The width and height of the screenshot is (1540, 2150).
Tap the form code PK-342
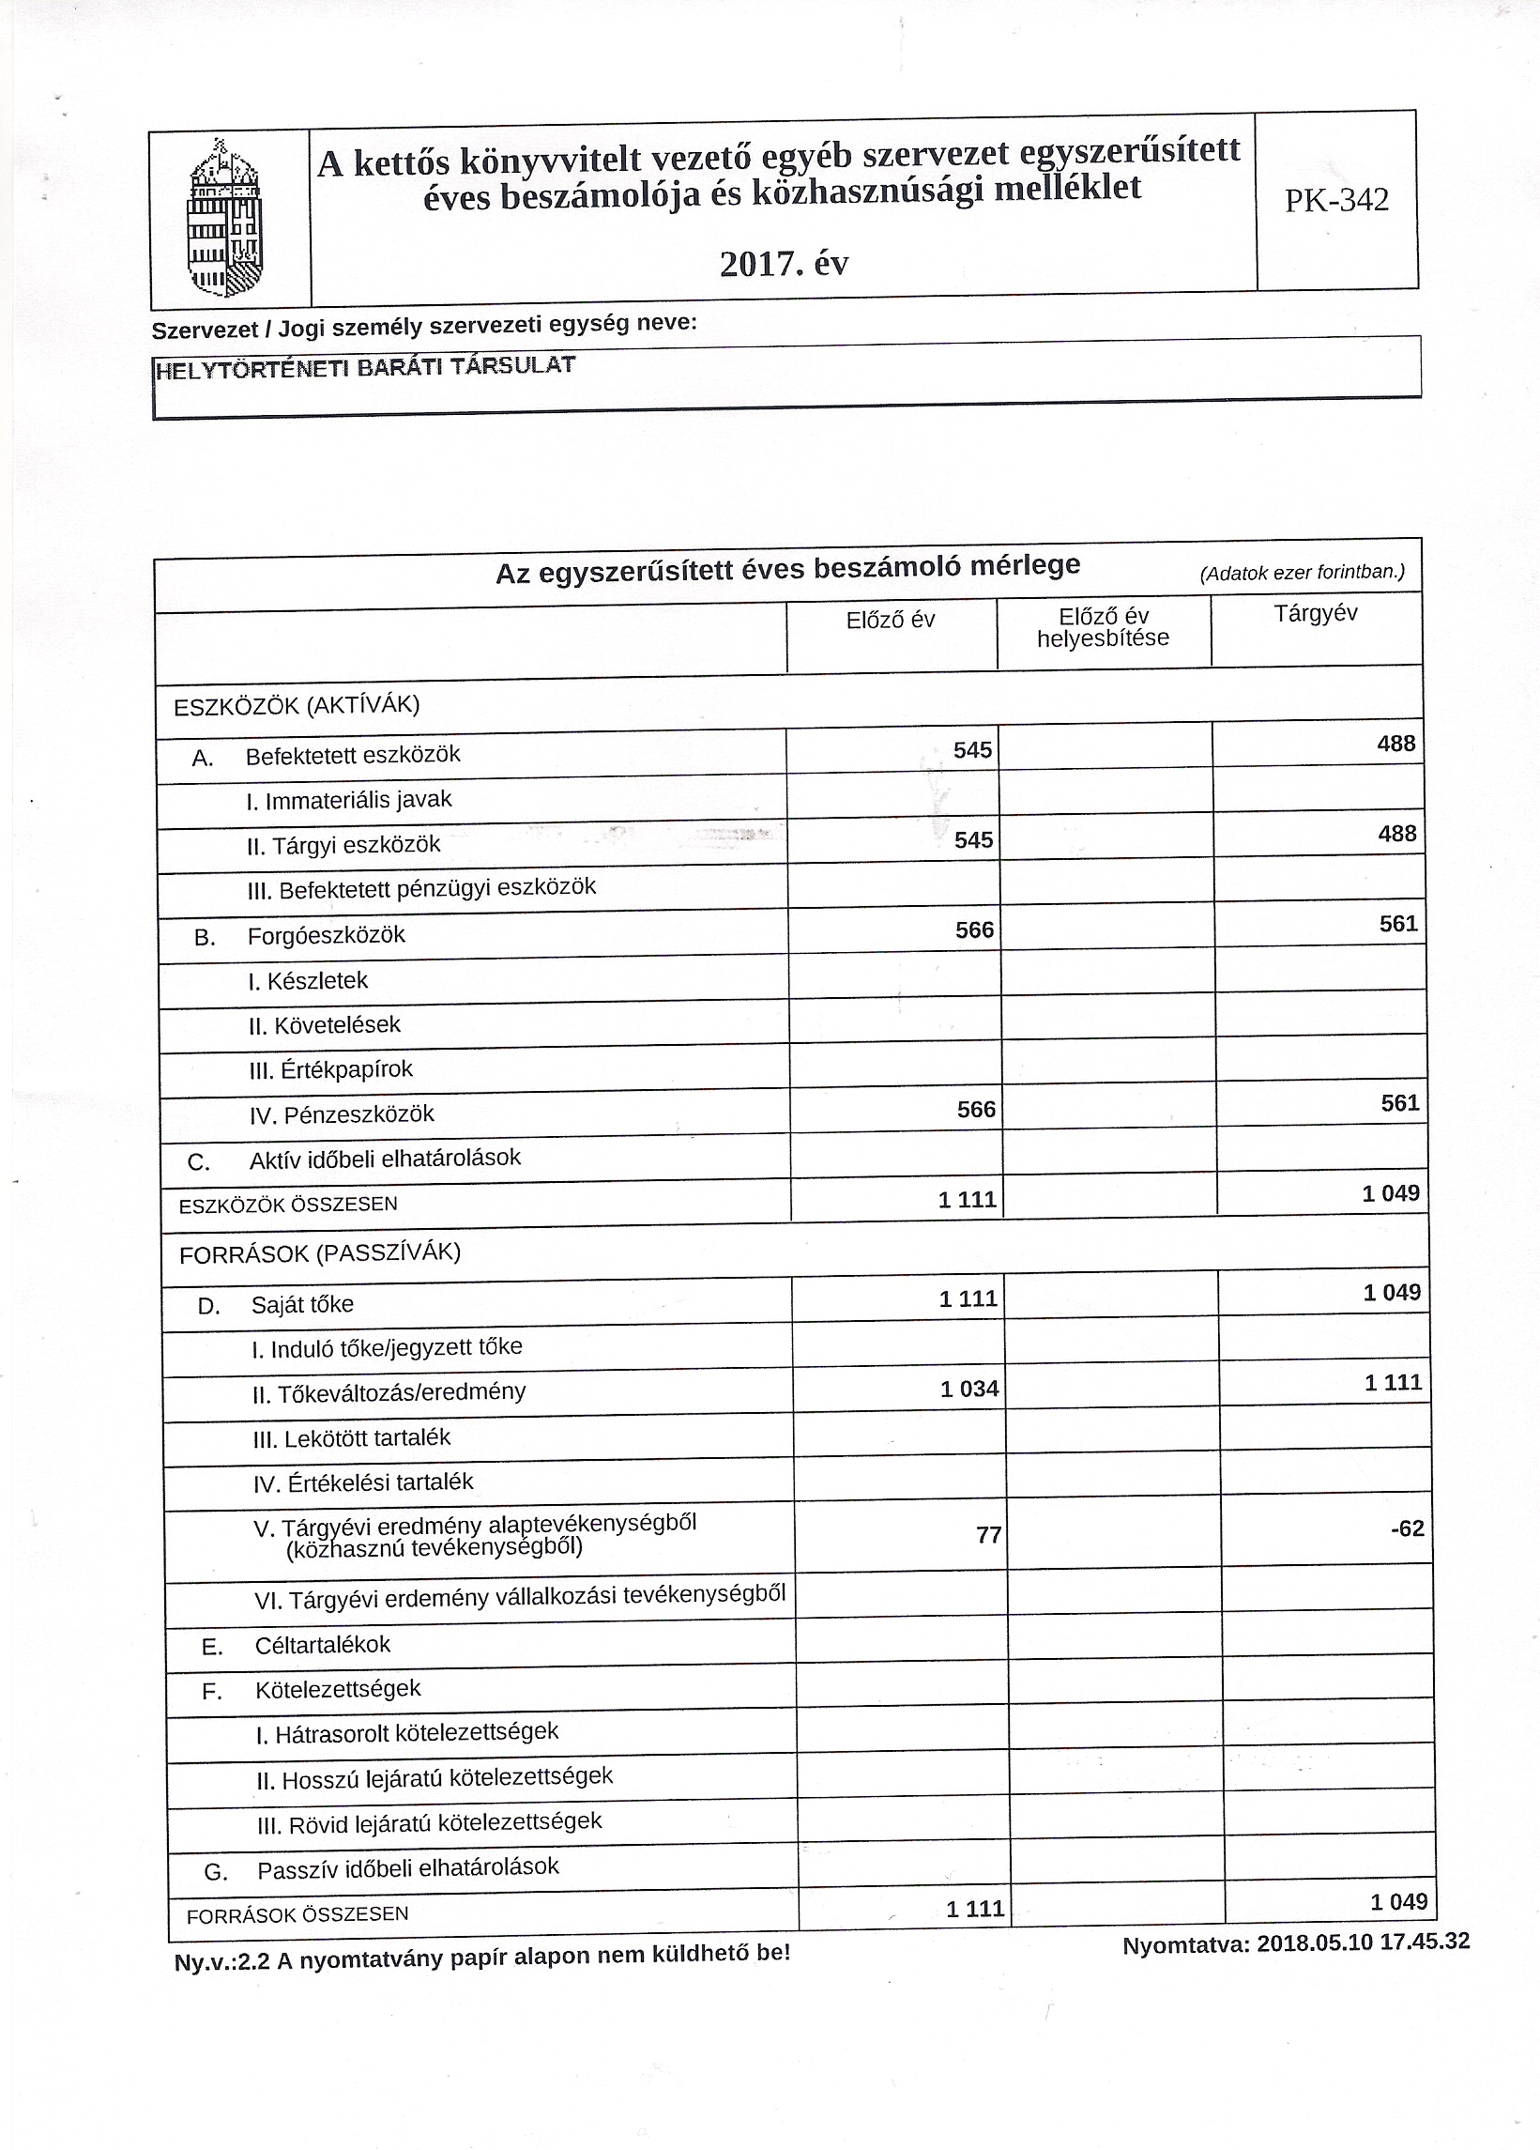pyautogui.click(x=1336, y=200)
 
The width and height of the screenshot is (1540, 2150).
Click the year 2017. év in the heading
pyautogui.click(x=784, y=263)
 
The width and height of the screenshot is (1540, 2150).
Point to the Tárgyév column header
pyautogui.click(x=1315, y=613)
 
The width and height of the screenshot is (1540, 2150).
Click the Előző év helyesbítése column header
pyautogui.click(x=1103, y=627)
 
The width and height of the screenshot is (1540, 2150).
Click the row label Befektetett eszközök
pyautogui.click(x=353, y=755)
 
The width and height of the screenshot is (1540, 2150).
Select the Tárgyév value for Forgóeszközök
pyautogui.click(x=1398, y=923)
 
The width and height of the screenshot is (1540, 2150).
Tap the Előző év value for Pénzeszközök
pyautogui.click(x=976, y=1109)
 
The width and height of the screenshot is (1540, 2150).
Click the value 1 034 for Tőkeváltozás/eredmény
pyautogui.click(x=968, y=1389)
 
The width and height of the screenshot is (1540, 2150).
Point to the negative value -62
pyautogui.click(x=1408, y=1528)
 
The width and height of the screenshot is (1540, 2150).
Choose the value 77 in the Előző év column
pyautogui.click(x=988, y=1534)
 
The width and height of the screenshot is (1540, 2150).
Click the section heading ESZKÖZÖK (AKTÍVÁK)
pyautogui.click(x=297, y=705)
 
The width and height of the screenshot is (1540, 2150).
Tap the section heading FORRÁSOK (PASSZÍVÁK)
pyautogui.click(x=319, y=1253)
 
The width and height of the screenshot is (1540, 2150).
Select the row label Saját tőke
pyautogui.click(x=302, y=1304)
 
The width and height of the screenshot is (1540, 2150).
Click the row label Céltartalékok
pyautogui.click(x=322, y=1645)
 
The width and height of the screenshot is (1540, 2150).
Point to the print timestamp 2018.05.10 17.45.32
pyautogui.click(x=1363, y=1942)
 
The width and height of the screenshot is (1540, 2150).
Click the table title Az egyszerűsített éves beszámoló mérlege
pyautogui.click(x=787, y=569)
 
